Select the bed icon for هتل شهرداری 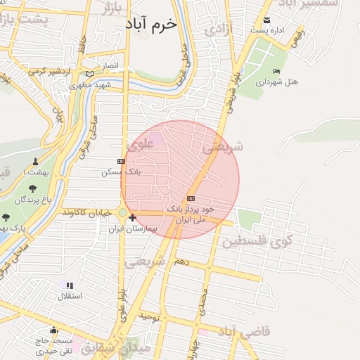pos(276,71)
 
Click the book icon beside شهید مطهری pos(89,74)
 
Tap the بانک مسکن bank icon pos(121,161)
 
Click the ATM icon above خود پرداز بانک pos(191,199)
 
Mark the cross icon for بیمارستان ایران pos(132,218)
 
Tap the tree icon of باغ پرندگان pos(32,188)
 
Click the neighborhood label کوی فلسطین pos(257,243)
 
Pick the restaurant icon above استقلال pos(69,285)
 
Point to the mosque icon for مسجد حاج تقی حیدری pos(53,330)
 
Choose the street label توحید pos(150,318)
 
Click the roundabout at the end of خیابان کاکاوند pos(122,212)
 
